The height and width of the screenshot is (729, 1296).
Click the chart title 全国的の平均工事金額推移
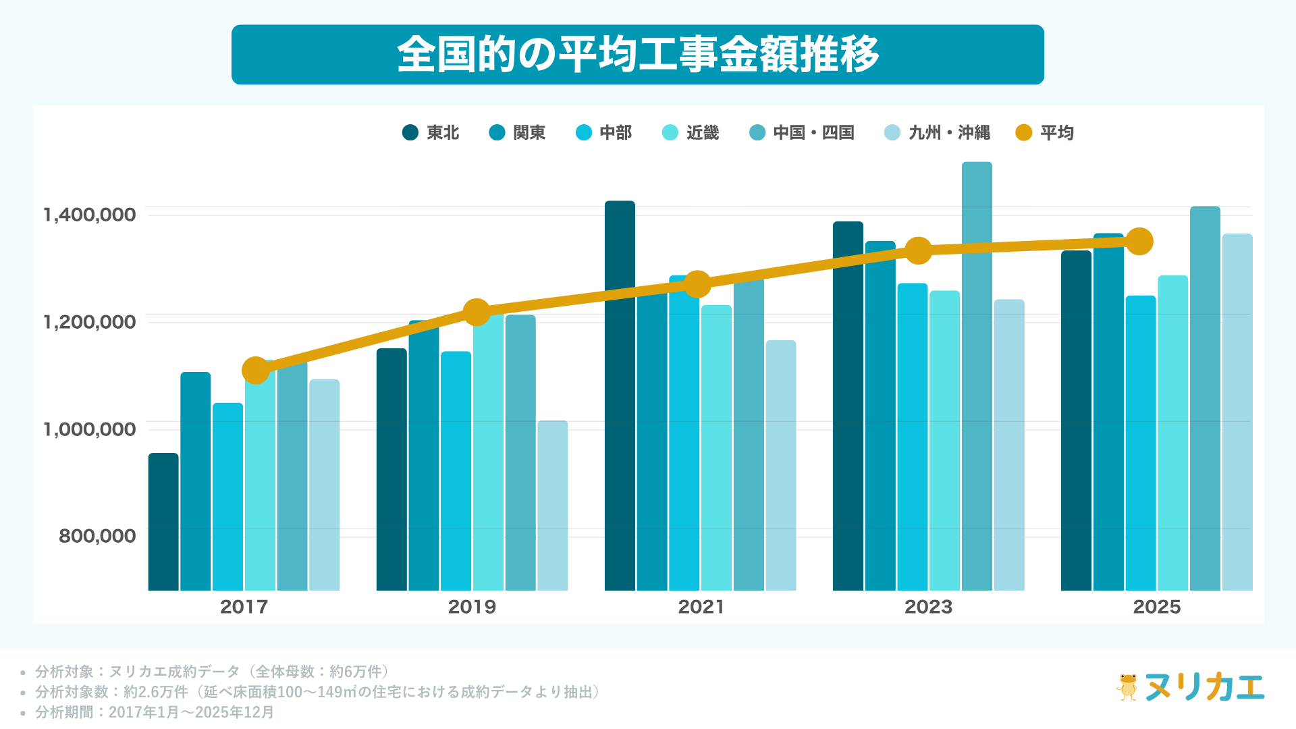coord(637,55)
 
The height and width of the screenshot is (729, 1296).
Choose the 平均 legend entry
coord(1045,133)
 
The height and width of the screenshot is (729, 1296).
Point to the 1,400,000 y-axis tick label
coord(90,215)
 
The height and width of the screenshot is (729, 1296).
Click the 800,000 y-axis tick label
coord(97,536)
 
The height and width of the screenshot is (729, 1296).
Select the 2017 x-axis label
coord(244,607)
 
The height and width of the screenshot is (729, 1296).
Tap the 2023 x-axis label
coord(928,607)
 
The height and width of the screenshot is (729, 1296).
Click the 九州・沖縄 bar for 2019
coord(553,506)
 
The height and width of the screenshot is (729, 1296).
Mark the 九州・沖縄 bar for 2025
coord(1237,412)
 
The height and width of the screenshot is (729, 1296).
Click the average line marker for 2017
coord(256,370)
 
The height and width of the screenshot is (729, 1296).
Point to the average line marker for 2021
coord(697,284)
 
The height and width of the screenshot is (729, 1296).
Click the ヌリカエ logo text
coord(1204,687)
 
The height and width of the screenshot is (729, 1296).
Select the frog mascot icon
coord(1127,687)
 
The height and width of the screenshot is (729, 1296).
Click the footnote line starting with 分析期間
coord(155,712)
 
